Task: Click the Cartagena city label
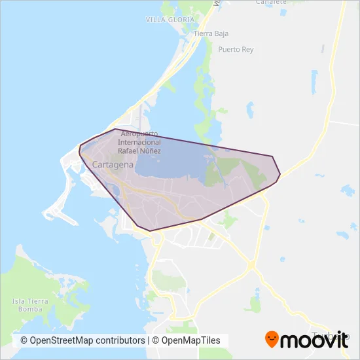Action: (x=113, y=165)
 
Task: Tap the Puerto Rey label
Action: (x=236, y=50)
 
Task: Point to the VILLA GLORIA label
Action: (x=170, y=20)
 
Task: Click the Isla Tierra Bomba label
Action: (x=27, y=304)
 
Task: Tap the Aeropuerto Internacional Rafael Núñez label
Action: (x=139, y=142)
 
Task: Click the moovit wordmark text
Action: (x=315, y=340)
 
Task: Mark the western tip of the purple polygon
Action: (x=79, y=149)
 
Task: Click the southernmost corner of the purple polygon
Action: (x=150, y=230)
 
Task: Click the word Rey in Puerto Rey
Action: (x=247, y=50)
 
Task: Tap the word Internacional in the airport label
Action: (x=139, y=142)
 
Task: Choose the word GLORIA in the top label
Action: (x=181, y=20)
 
